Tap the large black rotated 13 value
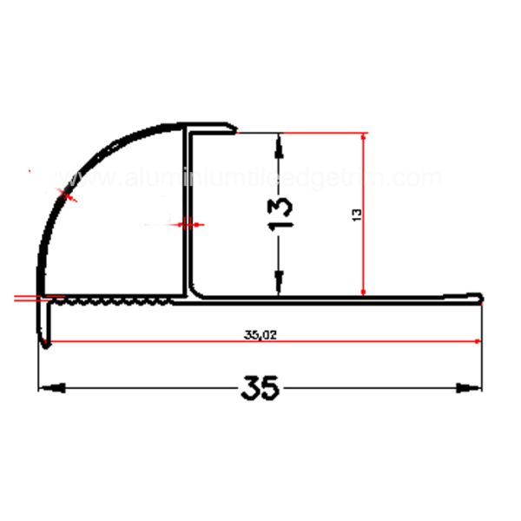pos(282,214)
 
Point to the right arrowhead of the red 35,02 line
pos(477,341)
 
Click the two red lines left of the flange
pos(26,298)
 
